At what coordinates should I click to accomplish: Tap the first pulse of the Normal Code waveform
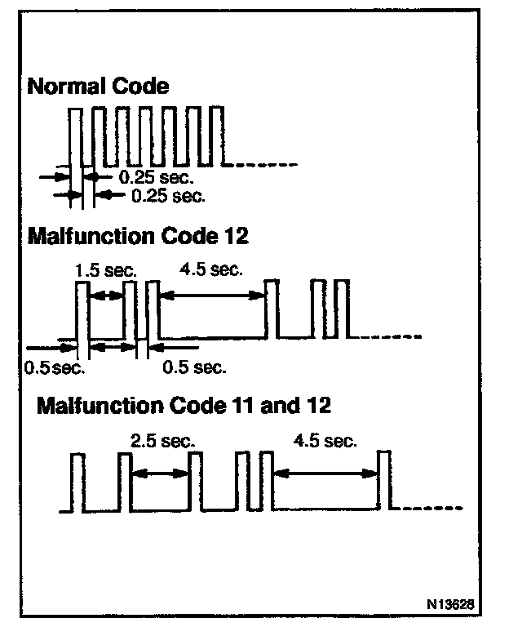click(x=76, y=135)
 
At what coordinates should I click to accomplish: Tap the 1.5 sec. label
click(x=105, y=270)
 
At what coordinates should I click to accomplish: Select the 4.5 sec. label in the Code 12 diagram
click(x=210, y=270)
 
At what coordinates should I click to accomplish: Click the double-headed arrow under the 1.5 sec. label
click(x=105, y=297)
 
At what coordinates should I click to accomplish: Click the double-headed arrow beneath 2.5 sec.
click(x=161, y=472)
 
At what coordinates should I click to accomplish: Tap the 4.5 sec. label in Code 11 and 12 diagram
click(x=324, y=441)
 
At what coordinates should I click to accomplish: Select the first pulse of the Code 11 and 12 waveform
click(x=78, y=482)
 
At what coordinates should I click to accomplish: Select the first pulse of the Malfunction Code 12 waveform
click(x=82, y=310)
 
